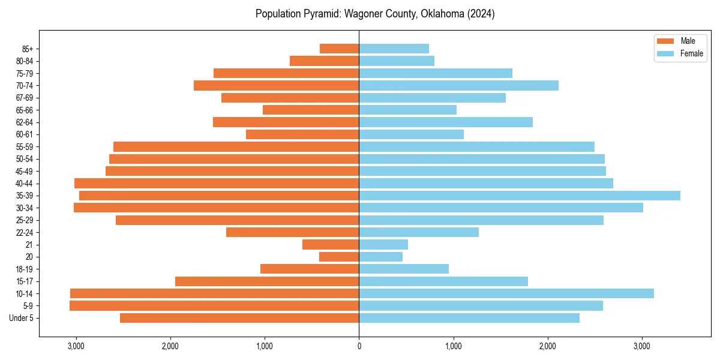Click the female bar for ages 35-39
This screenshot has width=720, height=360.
point(519,196)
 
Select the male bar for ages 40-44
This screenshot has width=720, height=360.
point(216,183)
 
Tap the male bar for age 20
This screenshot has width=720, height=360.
point(339,257)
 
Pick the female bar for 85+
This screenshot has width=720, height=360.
point(394,49)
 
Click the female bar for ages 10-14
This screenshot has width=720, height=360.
point(506,293)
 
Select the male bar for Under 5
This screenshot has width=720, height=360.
point(239,318)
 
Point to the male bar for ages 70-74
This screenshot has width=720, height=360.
point(276,85)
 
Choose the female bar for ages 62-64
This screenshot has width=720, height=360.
point(445,122)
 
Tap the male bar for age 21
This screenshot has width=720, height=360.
point(331,244)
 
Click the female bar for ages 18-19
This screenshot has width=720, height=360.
point(403,269)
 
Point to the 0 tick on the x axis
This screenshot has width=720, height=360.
point(359,346)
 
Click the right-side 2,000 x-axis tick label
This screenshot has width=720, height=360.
point(548,346)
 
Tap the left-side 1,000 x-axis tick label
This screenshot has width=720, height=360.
point(265,346)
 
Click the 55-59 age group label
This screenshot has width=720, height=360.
point(24,146)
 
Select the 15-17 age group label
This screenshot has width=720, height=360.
point(24,281)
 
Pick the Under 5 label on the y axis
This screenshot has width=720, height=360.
point(21,318)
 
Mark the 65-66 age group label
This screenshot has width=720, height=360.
point(24,110)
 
